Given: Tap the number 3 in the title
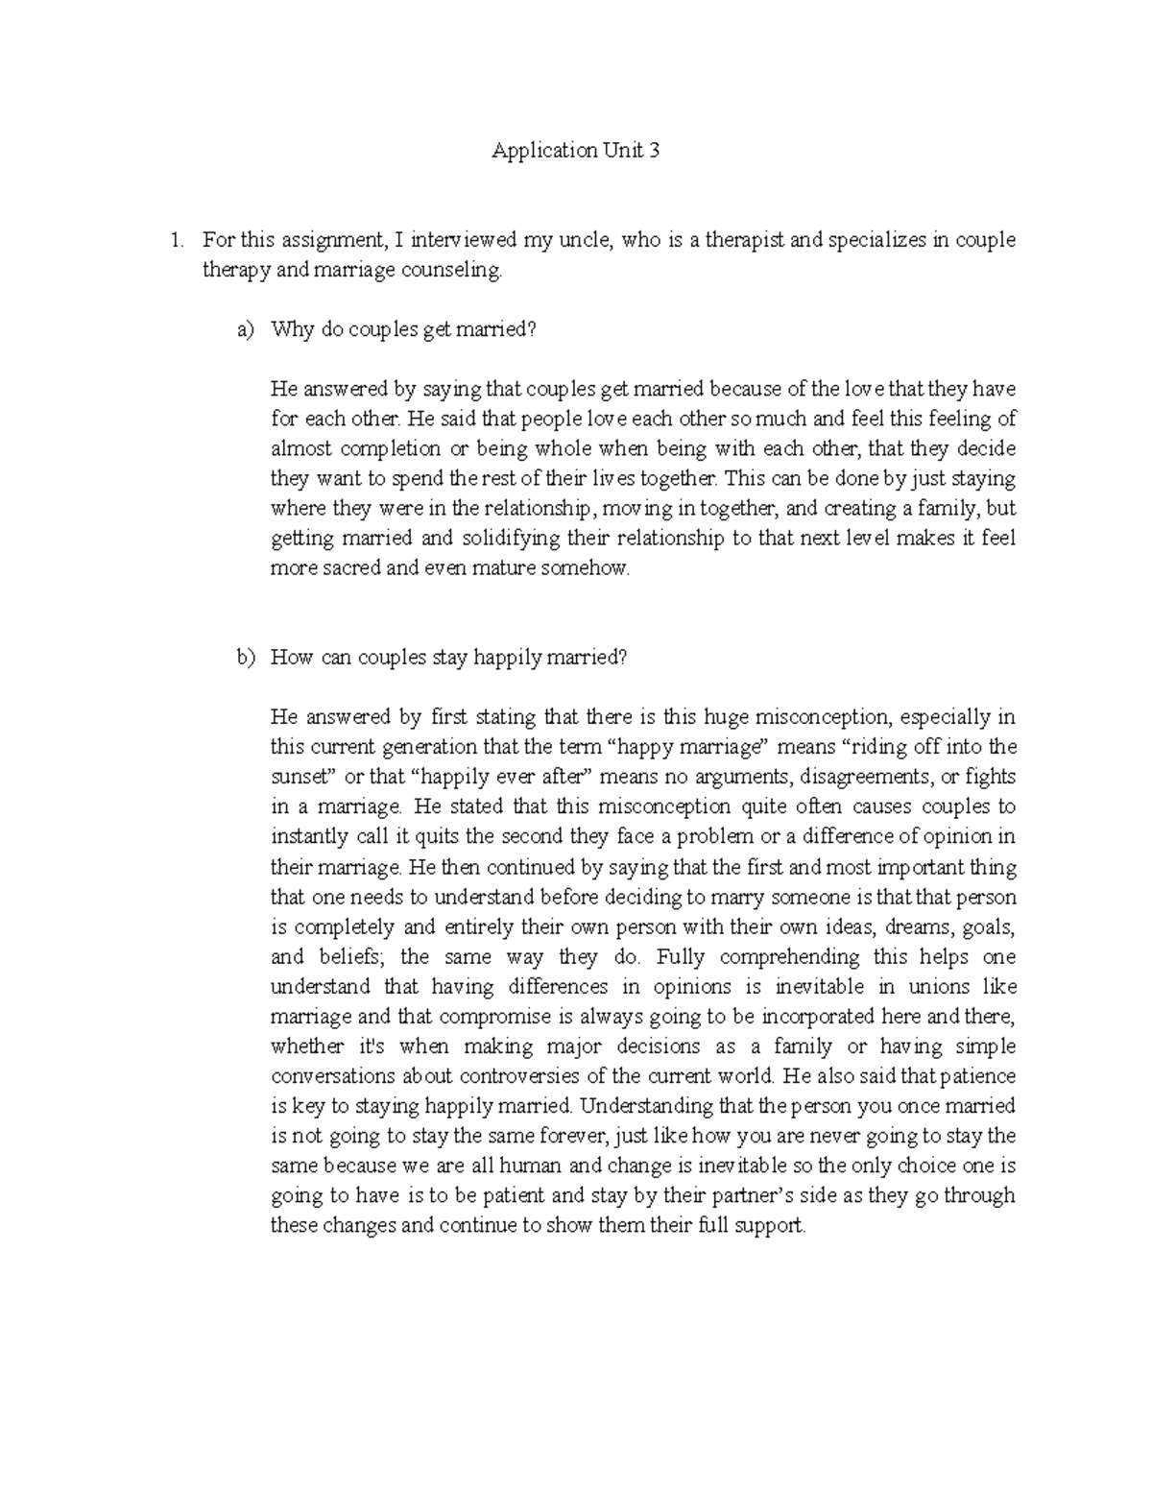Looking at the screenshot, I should click(654, 151).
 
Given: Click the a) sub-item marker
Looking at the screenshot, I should click(246, 329).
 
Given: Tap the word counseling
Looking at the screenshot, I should click(453, 271).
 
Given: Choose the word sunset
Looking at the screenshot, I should click(300, 777).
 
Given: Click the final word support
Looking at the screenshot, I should click(769, 1226).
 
